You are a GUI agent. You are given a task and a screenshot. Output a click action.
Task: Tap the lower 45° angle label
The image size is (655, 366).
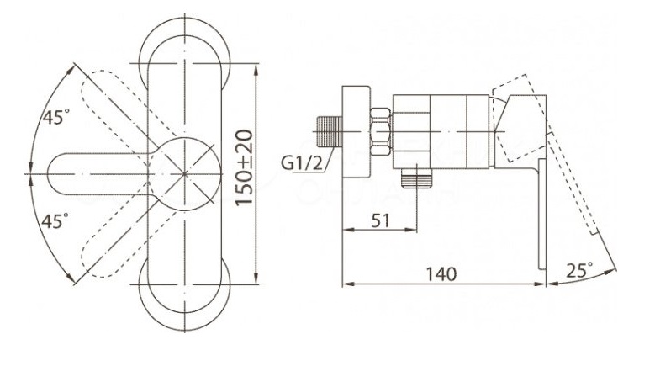(56, 222)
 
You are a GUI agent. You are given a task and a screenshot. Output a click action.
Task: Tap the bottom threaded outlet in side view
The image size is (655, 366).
(416, 177)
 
